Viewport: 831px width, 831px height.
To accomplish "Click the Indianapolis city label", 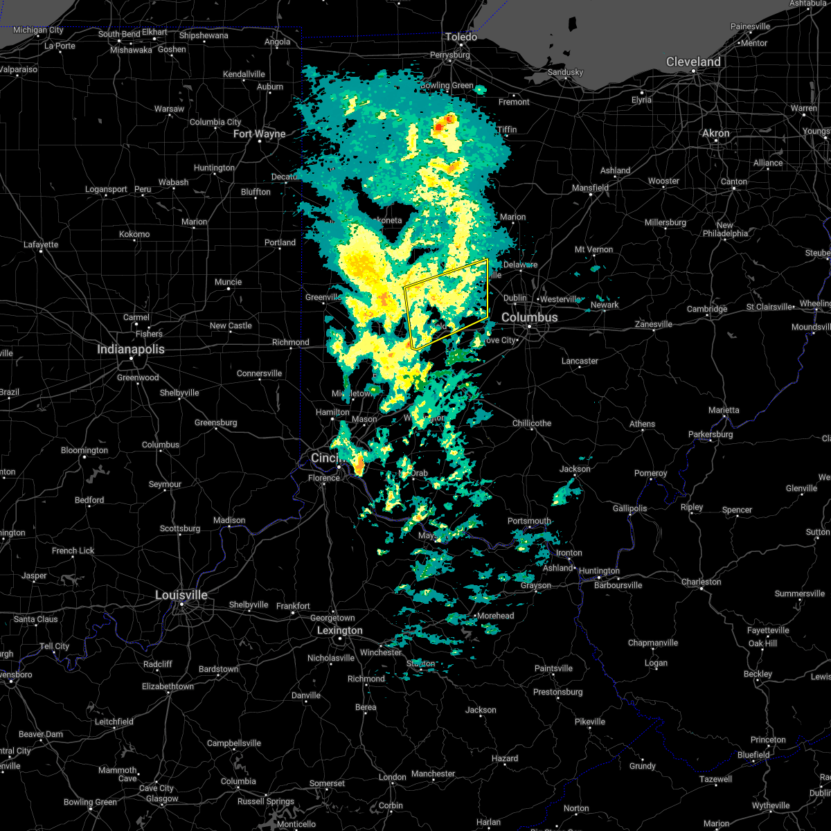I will (130, 349).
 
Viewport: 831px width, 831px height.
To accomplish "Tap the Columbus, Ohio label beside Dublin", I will (529, 317).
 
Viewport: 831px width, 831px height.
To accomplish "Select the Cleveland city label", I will (693, 62).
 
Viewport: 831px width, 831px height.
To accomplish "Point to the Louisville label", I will (181, 595).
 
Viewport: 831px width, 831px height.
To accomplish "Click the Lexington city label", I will (339, 630).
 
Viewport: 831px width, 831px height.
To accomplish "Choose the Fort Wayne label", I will (259, 134).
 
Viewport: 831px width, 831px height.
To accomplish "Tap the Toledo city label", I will (461, 37).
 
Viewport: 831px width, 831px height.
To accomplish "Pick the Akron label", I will (716, 133).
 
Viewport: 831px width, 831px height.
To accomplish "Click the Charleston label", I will (701, 582).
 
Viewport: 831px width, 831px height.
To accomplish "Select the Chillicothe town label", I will (532, 423).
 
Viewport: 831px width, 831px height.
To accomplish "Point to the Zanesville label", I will (654, 324).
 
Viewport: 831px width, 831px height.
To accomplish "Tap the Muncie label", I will (228, 282).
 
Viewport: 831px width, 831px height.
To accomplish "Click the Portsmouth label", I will (529, 521).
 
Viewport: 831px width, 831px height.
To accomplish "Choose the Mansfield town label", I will (591, 188).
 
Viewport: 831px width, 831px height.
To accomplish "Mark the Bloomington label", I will (84, 450).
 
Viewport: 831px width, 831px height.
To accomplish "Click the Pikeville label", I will (590, 722).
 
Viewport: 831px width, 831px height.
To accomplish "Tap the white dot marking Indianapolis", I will (131, 358).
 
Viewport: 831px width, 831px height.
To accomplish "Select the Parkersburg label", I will (711, 434).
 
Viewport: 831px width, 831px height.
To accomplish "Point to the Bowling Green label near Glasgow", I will (90, 802).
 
